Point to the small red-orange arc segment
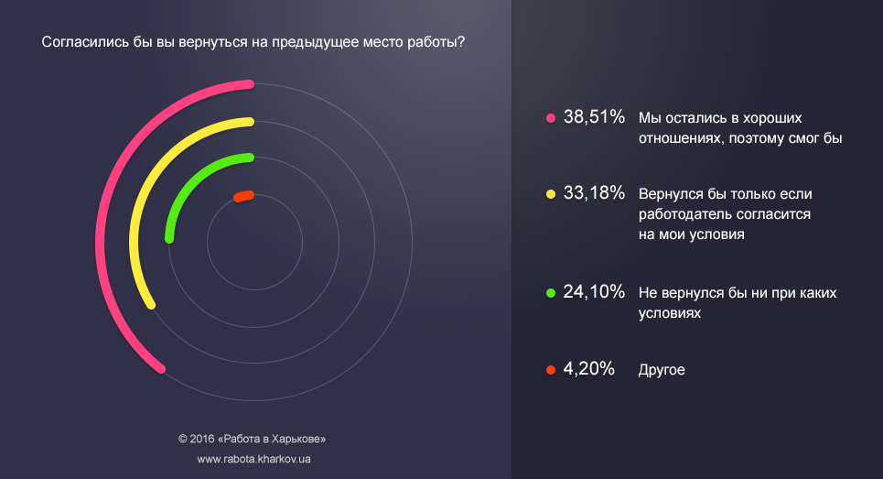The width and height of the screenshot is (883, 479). [243, 195]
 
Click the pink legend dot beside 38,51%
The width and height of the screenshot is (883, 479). [551, 118]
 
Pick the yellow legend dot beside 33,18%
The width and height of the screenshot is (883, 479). [551, 194]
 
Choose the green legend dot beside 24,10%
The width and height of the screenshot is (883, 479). [551, 293]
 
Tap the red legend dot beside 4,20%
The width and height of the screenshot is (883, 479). [551, 371]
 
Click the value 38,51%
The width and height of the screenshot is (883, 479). [594, 117]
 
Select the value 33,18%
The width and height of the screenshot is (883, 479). [594, 193]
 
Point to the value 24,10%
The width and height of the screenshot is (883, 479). [594, 292]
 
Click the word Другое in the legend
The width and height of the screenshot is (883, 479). [662, 371]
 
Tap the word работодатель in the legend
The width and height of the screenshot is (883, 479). [681, 214]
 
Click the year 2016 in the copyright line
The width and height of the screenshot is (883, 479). [203, 438]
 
